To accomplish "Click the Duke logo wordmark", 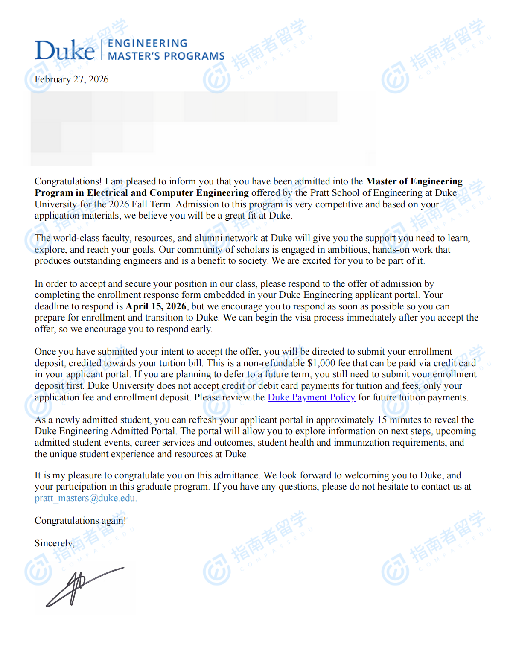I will (64, 50).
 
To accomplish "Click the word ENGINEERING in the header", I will (147, 44).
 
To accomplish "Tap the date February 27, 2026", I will (71, 79).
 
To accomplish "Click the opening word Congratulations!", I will (68, 181).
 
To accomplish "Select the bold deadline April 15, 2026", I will (156, 306).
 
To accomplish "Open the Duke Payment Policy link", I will (311, 397).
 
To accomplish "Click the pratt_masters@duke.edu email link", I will (85, 498).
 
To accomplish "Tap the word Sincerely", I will (54, 543).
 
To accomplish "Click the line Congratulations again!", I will (80, 521).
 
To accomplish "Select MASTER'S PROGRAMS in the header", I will (166, 56).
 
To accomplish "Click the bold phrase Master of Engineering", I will (414, 181).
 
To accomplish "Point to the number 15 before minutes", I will (382, 420).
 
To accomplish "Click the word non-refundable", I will (274, 363).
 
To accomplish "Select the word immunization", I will (361, 443).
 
